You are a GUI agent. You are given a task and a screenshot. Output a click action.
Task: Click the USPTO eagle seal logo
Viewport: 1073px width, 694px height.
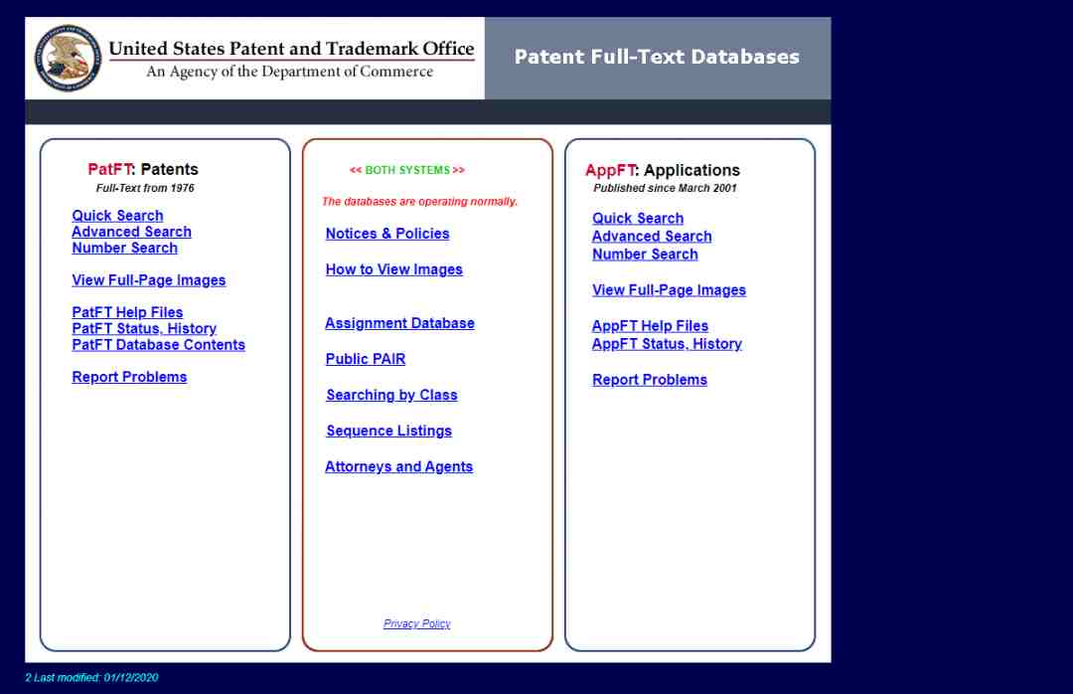pos(68,59)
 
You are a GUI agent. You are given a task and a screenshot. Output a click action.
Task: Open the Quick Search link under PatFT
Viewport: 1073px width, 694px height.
pos(117,216)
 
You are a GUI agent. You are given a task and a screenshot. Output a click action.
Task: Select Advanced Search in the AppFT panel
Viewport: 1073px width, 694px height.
pos(652,237)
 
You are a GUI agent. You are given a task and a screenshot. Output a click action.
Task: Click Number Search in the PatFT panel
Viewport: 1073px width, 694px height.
pos(124,248)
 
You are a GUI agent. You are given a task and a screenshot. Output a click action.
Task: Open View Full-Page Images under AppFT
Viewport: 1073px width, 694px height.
pos(670,290)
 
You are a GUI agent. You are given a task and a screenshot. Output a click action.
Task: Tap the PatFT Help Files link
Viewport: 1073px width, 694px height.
pos(127,312)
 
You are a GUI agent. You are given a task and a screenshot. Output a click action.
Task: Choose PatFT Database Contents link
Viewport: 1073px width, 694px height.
pos(158,345)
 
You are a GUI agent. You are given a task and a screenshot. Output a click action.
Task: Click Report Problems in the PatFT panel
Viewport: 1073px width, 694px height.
pos(129,377)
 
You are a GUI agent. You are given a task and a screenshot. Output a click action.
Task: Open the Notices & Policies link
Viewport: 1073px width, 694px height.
pos(387,234)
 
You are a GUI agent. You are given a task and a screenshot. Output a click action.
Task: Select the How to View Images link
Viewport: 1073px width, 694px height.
pos(394,269)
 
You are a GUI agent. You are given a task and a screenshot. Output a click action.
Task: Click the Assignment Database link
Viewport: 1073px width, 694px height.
pos(399,323)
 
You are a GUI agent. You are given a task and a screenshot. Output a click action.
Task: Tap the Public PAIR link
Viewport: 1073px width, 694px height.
pos(366,359)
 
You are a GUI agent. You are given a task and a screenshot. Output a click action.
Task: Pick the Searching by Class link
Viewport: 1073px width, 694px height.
pos(391,396)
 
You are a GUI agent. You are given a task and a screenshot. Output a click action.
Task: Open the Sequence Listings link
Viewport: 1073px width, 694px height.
pos(388,431)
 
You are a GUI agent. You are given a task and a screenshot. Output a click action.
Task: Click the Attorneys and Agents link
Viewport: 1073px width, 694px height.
pos(399,466)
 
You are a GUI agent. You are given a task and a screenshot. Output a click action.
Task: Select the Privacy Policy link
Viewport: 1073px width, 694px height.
pos(416,623)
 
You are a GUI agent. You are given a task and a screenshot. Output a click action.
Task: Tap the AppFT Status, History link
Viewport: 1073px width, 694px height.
pos(667,344)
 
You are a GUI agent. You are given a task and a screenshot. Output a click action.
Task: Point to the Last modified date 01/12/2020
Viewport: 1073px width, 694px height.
pos(131,677)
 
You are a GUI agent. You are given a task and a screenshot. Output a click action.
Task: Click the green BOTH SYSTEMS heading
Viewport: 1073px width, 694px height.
pos(407,170)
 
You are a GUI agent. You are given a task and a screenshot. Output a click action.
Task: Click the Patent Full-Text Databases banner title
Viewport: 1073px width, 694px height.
pos(657,57)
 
